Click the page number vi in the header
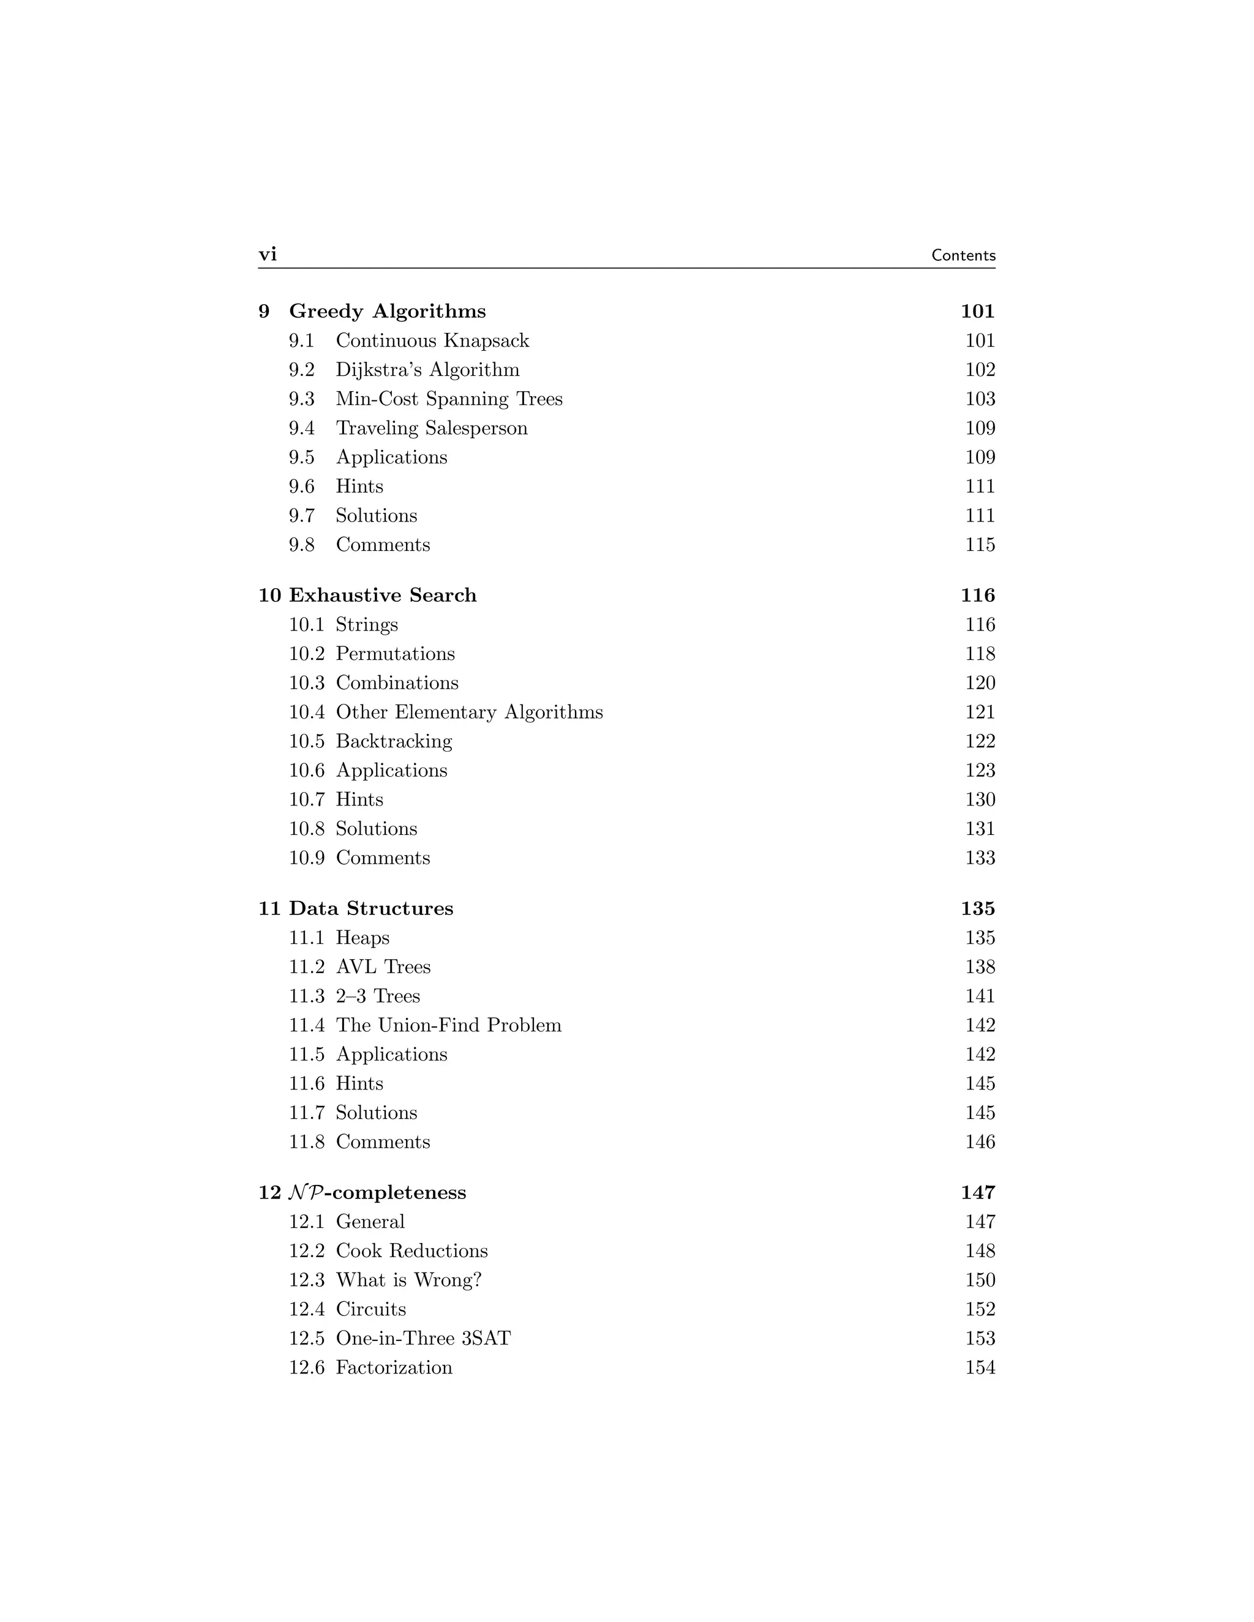268,255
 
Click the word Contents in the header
963,255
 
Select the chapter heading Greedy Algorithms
387,311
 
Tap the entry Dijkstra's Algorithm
427,370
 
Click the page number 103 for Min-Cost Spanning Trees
979,399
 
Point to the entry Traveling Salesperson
431,428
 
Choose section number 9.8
302,545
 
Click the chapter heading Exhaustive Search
383,596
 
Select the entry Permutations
394,654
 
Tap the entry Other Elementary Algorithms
469,712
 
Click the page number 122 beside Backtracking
979,741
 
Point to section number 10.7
306,800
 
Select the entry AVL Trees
383,967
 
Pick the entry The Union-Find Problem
448,1026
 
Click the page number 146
979,1142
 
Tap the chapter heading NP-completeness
377,1193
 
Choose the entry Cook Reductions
411,1252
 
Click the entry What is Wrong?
408,1280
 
